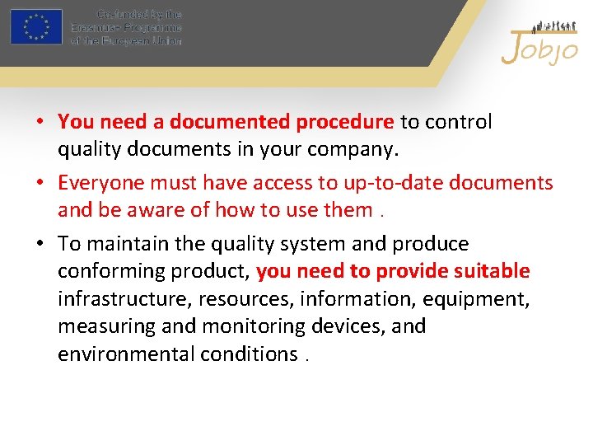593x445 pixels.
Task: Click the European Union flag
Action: click(36, 26)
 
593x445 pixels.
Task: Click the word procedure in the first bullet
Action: click(344, 122)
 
